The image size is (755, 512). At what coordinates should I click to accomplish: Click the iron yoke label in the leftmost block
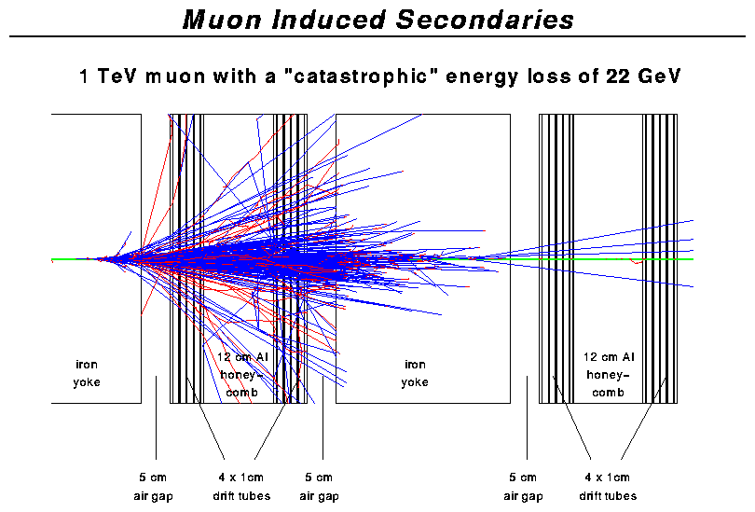pyautogui.click(x=89, y=373)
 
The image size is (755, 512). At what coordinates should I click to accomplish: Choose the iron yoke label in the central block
pyautogui.click(x=415, y=373)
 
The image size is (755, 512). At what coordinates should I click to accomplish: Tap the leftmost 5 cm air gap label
pyautogui.click(x=153, y=486)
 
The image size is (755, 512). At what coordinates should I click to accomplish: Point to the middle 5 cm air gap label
pyautogui.click(x=319, y=486)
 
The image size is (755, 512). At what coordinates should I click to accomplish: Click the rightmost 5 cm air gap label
pyautogui.click(x=523, y=486)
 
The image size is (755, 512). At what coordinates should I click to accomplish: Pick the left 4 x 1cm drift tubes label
pyautogui.click(x=238, y=486)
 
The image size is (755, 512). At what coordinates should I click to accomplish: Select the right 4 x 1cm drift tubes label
pyautogui.click(x=608, y=486)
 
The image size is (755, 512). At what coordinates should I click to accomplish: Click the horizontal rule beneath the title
pyautogui.click(x=377, y=36)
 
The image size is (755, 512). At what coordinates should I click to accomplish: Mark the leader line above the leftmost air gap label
pyautogui.click(x=156, y=420)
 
